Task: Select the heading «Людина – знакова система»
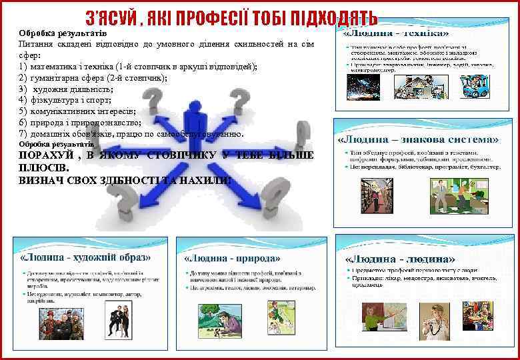tap(418, 139)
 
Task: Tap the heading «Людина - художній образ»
tap(86, 257)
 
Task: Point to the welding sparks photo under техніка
tap(363, 86)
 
